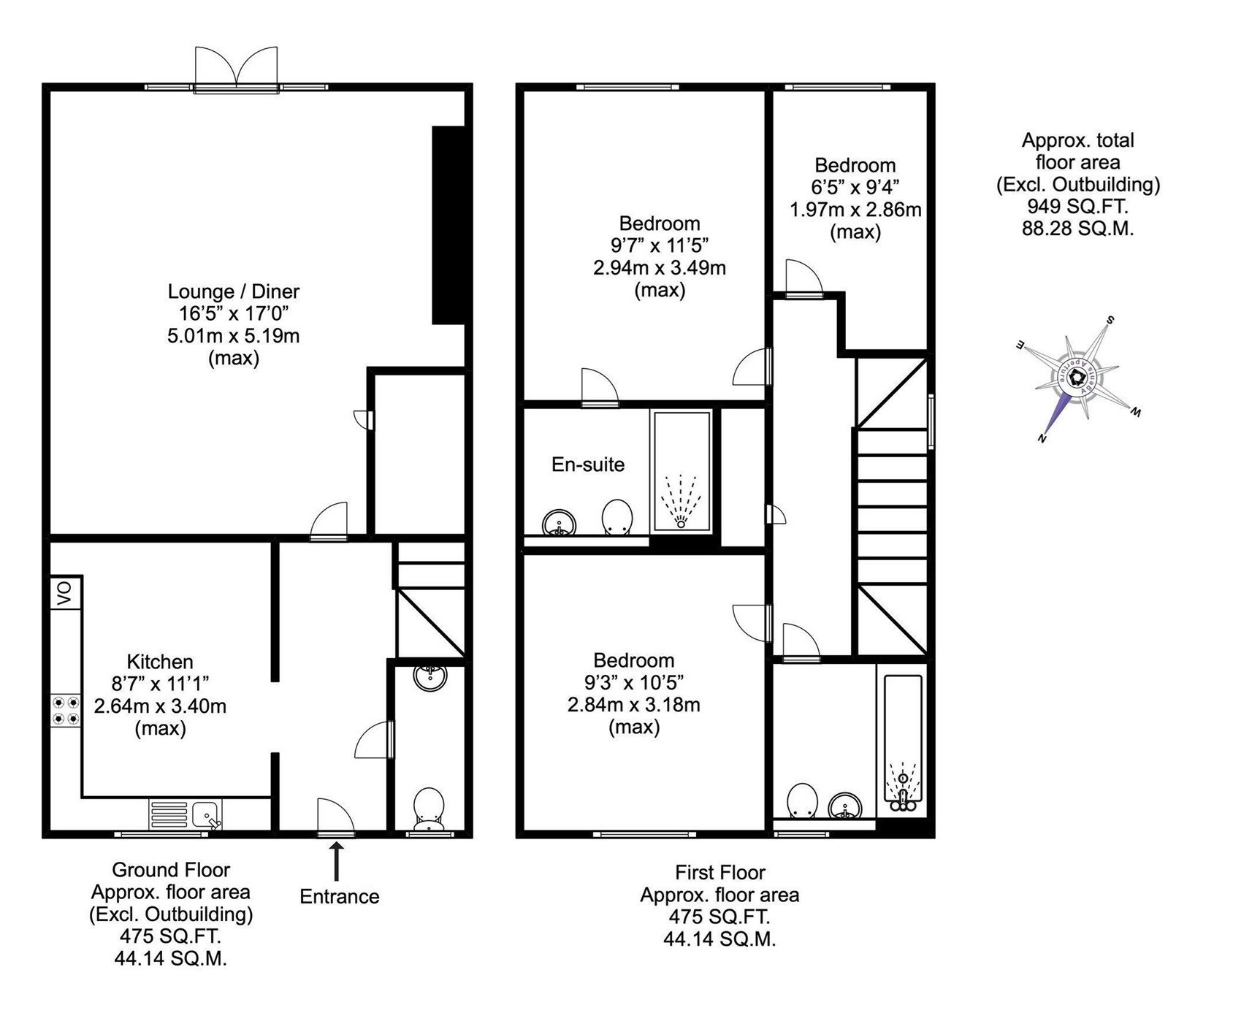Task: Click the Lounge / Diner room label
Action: tap(234, 291)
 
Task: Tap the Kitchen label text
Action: tap(160, 662)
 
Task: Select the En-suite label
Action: tap(588, 465)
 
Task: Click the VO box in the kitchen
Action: tap(66, 593)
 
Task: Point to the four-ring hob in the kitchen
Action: tap(66, 711)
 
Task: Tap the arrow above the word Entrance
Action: tap(337, 863)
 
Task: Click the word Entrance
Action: tap(340, 897)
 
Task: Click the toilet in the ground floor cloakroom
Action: tap(429, 809)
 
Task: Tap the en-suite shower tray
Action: tap(682, 471)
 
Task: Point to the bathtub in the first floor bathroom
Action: tap(904, 744)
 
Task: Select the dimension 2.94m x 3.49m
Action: tap(660, 267)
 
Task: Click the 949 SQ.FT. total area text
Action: tap(1078, 206)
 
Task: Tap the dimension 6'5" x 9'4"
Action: tap(855, 187)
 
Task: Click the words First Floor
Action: tap(720, 872)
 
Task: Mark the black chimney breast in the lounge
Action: tap(448, 225)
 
